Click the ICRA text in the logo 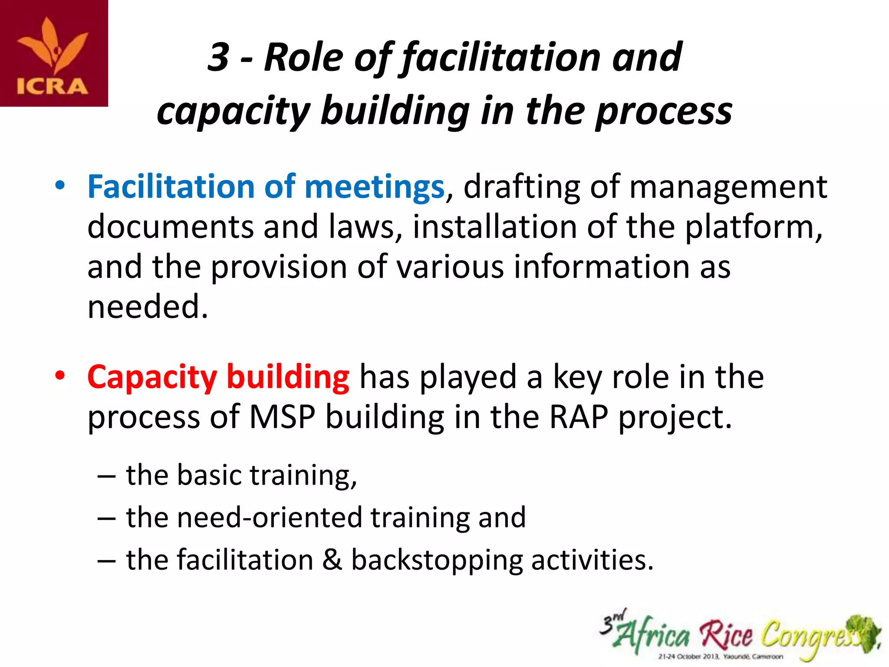[53, 86]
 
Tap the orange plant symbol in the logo [53, 46]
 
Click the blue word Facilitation [171, 187]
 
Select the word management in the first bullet [728, 187]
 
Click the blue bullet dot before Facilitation [60, 185]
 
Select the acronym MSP [282, 417]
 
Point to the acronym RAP [578, 417]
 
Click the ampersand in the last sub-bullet [332, 560]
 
